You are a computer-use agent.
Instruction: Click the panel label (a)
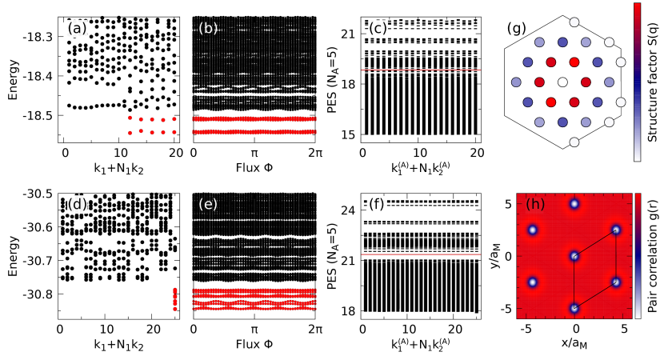(77, 29)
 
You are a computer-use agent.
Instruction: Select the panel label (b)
(208, 29)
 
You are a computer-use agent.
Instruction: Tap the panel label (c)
(377, 29)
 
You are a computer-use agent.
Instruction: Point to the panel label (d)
(77, 204)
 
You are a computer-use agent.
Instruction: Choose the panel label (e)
(208, 204)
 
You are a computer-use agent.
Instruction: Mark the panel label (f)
(376, 204)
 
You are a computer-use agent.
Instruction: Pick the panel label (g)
(515, 29)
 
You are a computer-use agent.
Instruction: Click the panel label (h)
(535, 204)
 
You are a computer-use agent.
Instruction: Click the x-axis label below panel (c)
(421, 168)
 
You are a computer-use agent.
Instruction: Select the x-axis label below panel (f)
(421, 345)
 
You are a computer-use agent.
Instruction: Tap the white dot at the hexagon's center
(562, 82)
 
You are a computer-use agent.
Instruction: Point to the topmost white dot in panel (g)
(574, 22)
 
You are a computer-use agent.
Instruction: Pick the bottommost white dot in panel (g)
(574, 142)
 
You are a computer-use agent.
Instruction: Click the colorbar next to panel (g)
(637, 82)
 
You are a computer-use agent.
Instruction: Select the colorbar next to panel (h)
(638, 256)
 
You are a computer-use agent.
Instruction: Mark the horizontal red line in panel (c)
(421, 70)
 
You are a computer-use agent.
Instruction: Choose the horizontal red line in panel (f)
(421, 254)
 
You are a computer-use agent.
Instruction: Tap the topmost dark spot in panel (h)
(574, 204)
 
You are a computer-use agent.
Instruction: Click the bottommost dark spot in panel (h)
(574, 308)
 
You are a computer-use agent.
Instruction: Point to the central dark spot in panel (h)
(574, 256)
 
